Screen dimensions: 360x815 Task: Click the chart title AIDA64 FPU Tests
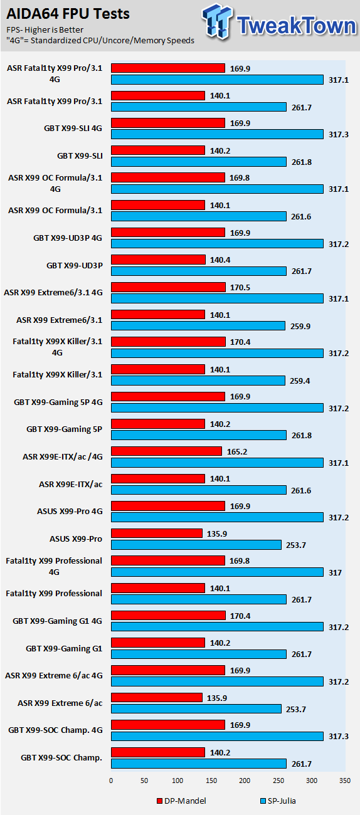point(68,14)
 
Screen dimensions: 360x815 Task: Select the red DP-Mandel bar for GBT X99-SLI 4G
point(168,123)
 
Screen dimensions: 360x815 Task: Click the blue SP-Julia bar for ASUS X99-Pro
point(196,545)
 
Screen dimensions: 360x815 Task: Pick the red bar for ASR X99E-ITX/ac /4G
point(166,451)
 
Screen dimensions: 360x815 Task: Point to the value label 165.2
point(237,451)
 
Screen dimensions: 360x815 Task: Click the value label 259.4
point(300,381)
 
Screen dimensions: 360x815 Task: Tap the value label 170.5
point(240,287)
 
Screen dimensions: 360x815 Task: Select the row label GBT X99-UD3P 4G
point(68,238)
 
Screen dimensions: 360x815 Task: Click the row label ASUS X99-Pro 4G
point(70,511)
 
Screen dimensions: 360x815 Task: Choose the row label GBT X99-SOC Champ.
point(61,757)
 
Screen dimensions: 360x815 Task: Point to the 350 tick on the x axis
point(345,781)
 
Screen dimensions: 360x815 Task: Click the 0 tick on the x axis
point(111,781)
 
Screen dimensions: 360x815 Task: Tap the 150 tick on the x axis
point(211,781)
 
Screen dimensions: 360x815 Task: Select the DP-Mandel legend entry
point(181,801)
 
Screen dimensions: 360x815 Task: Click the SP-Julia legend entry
point(278,801)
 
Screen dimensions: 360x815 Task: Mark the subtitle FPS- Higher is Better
point(45,30)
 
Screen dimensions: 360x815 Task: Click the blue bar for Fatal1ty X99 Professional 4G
point(217,572)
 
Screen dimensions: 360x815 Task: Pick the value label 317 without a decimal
point(335,572)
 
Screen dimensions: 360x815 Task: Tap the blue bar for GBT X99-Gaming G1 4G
point(217,626)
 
